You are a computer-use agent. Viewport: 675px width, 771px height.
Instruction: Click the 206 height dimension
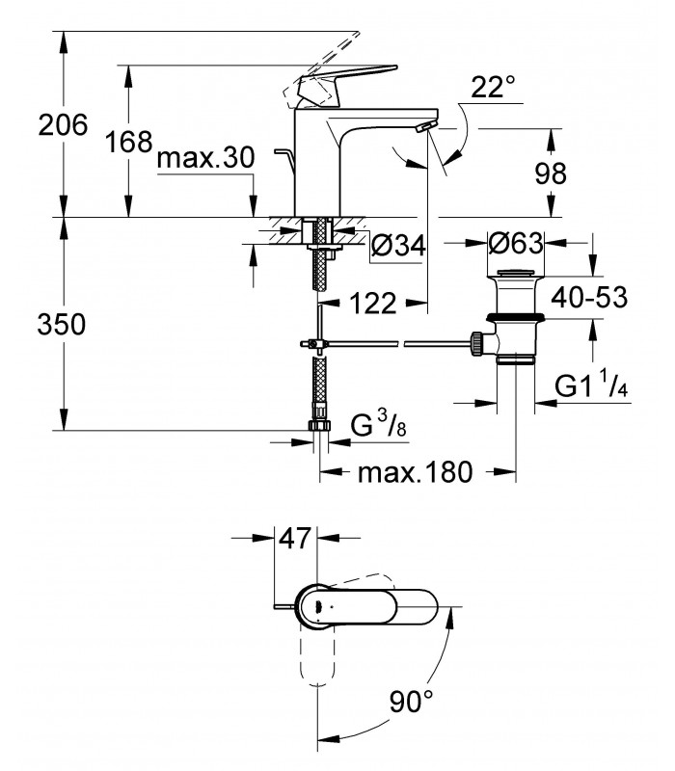(63, 125)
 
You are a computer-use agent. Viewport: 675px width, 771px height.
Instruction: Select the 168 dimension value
(129, 142)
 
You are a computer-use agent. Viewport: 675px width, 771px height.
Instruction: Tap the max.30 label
(205, 158)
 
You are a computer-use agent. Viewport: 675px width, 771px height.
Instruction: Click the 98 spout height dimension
(551, 173)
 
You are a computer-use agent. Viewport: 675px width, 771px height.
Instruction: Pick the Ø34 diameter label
(398, 245)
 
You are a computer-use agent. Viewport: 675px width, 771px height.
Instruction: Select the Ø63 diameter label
(516, 243)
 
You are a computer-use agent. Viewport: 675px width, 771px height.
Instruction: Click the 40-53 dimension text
(589, 297)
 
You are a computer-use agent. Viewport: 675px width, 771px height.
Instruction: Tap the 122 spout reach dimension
(372, 303)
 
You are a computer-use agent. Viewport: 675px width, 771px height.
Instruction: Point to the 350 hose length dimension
(62, 325)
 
